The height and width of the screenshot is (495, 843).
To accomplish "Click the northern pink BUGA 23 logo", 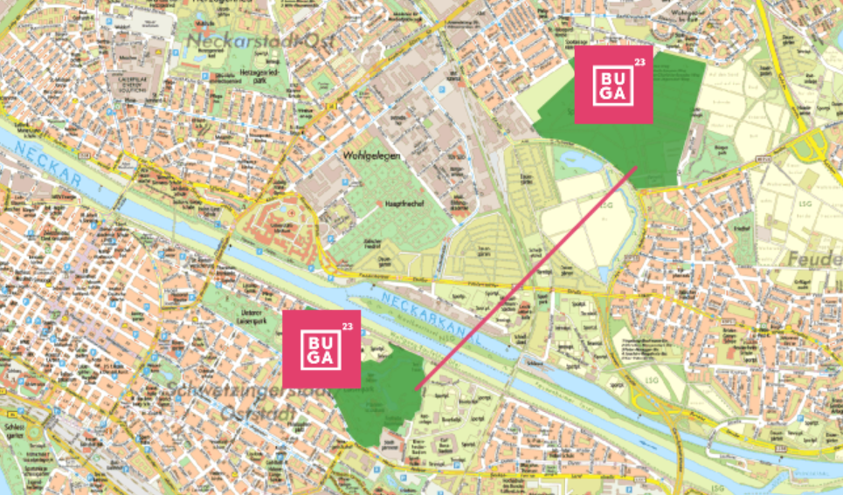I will tap(613, 85).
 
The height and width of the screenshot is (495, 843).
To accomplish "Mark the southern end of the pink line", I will tap(416, 388).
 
